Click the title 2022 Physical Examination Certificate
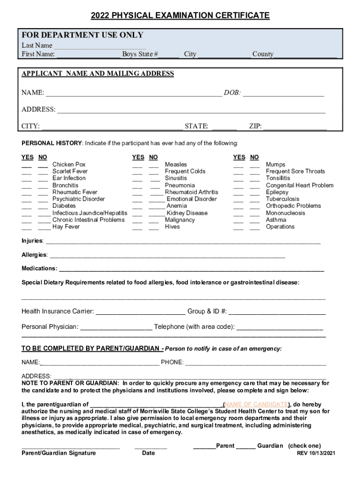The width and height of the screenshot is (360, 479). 180,15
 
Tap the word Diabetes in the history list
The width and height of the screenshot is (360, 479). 64,206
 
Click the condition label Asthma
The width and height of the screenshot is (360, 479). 276,220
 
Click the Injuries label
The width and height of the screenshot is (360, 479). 32,241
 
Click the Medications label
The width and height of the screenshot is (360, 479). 39,269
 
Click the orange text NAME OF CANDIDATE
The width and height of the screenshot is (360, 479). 256,404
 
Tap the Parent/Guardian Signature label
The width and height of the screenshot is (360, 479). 58,453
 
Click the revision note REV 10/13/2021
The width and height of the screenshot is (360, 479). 317,453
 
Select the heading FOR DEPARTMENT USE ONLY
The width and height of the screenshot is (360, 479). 82,35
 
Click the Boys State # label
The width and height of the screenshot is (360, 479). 140,54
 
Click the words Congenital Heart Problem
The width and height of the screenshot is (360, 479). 300,185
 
